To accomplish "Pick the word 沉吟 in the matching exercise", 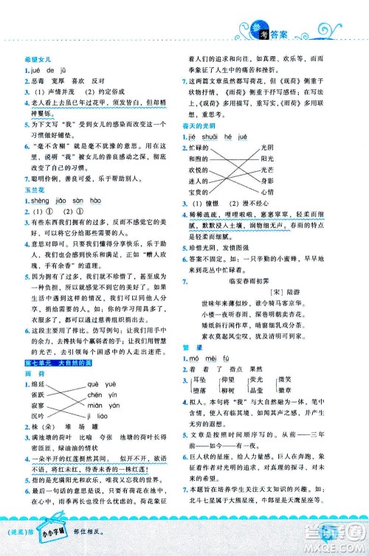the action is click(x=36, y=416).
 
